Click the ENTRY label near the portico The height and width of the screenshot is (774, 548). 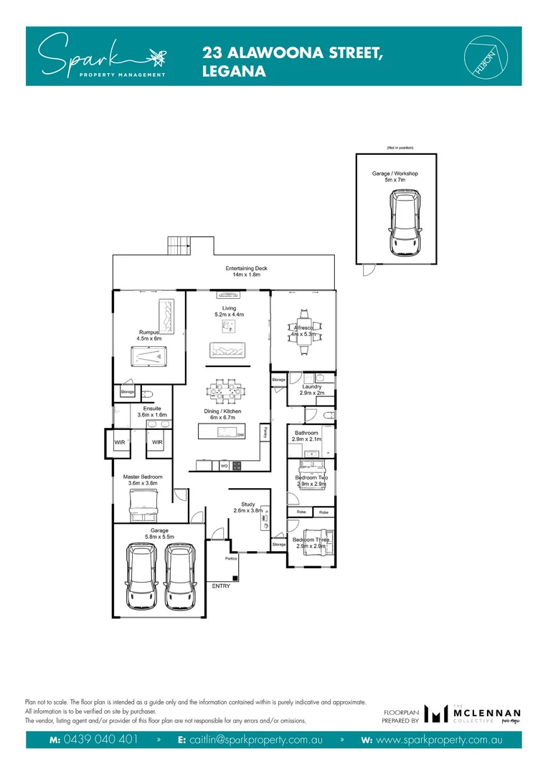coord(222,586)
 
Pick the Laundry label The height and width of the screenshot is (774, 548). coord(312,386)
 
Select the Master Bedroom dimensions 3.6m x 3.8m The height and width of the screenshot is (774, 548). coord(142,483)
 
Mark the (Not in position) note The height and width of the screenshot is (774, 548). coord(400,148)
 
